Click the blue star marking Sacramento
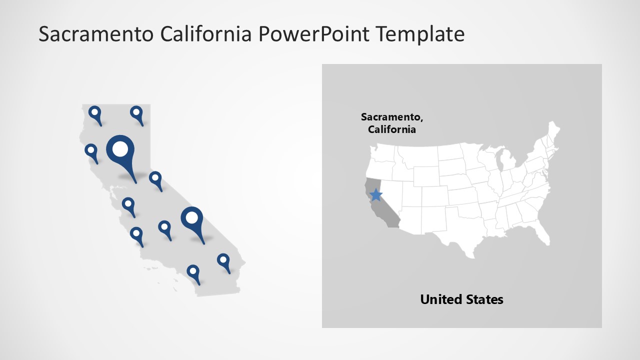375,194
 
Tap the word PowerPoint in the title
314,34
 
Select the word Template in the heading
420,34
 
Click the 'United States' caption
461,299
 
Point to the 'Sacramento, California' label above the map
392,123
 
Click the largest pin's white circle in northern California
120,148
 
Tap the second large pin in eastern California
192,217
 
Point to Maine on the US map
552,132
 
